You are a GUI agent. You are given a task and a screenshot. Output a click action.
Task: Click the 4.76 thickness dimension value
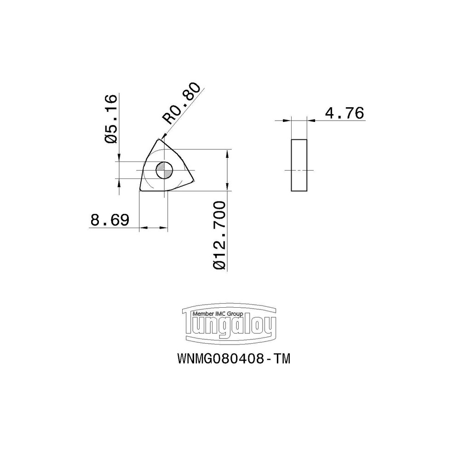point(344,113)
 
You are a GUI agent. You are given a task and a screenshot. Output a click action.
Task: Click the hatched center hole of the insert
point(163,170)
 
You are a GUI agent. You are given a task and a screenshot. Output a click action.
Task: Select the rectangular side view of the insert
point(299,165)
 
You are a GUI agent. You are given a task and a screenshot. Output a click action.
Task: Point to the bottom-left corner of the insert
point(141,189)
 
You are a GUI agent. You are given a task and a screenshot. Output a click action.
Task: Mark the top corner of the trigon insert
point(159,139)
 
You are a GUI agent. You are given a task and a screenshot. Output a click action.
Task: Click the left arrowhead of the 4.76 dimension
point(288,121)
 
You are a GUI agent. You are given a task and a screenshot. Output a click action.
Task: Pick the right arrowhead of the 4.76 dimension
point(311,121)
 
